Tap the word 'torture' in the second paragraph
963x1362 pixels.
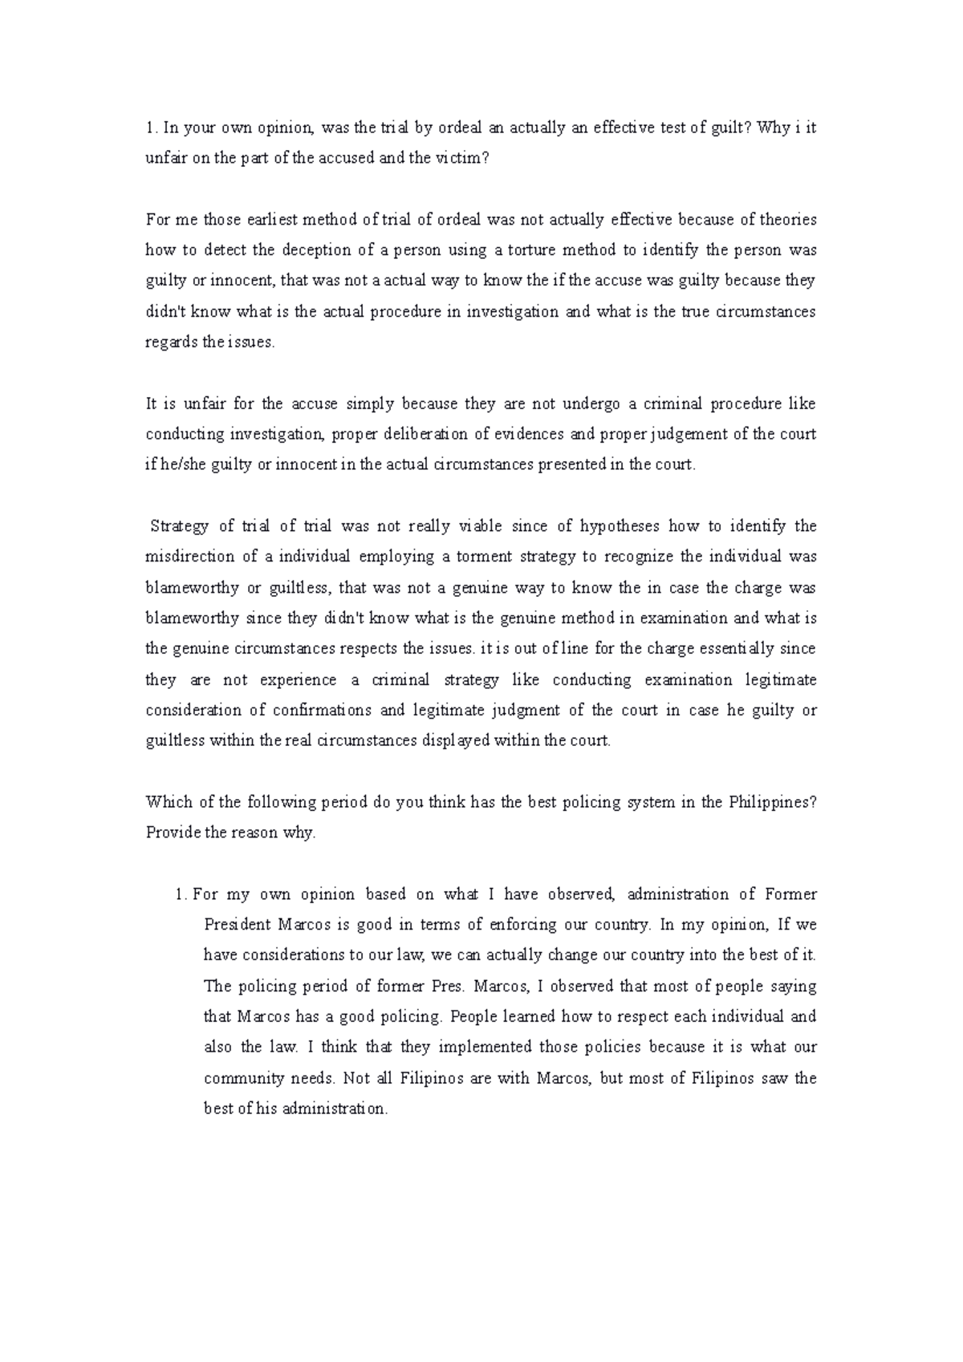tap(531, 250)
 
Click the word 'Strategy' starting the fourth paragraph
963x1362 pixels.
tap(181, 527)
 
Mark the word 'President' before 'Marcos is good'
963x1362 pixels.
tap(237, 925)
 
